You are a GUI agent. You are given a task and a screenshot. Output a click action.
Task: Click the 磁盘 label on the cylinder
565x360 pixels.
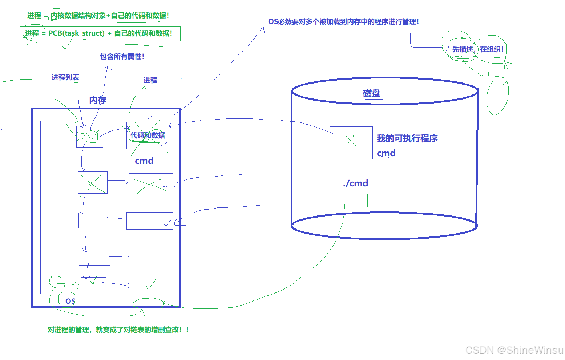point(371,93)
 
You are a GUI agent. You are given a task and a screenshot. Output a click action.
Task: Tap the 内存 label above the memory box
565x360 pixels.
point(98,100)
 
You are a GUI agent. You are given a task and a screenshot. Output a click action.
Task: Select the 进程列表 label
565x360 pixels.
point(65,77)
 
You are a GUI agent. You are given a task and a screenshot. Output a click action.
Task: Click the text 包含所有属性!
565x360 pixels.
point(122,57)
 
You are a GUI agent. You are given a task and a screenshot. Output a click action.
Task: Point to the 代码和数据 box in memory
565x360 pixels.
point(148,135)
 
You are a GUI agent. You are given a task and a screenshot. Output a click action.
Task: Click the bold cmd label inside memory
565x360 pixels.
point(144,161)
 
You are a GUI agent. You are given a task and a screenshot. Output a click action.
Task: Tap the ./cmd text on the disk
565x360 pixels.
point(355,183)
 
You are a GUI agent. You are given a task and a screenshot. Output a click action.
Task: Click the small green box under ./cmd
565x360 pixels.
point(350,201)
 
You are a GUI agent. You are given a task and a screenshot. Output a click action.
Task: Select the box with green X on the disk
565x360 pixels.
point(351,142)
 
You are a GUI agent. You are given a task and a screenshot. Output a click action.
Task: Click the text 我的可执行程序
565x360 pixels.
point(407,138)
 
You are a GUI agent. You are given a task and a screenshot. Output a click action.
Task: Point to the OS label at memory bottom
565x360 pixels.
point(70,301)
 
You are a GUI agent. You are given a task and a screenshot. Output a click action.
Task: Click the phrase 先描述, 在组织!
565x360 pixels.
point(477,49)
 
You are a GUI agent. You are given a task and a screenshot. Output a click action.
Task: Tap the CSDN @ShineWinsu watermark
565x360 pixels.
point(514,350)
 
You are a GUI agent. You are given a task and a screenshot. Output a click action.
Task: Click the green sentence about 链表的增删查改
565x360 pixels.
point(118,330)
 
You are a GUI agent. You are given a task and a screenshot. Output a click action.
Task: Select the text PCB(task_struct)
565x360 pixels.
point(76,33)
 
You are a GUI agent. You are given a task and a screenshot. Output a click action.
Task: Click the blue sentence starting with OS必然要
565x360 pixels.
point(343,22)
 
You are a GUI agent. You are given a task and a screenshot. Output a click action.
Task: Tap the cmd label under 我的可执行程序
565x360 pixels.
point(386,153)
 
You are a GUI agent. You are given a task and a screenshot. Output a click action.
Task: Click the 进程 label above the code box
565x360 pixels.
point(151,80)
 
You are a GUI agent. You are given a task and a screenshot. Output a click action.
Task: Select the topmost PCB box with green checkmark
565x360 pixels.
point(90,137)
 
